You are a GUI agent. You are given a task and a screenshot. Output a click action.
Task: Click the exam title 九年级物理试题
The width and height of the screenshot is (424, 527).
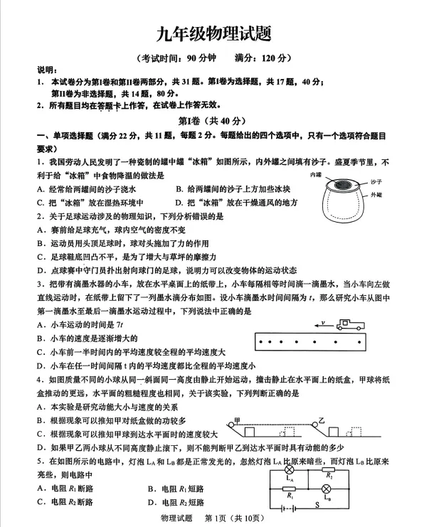point(211,33)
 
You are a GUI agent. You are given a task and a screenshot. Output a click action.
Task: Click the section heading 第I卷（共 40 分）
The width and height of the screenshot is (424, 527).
point(211,121)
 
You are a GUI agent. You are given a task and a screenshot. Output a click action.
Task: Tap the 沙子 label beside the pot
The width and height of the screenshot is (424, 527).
point(376,183)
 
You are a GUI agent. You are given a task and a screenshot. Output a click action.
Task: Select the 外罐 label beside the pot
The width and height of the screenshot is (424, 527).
point(376,194)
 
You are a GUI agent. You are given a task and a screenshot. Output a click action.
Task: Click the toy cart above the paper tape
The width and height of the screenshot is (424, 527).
point(350,324)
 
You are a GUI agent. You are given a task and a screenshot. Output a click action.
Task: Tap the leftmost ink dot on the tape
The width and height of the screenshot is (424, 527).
point(263,342)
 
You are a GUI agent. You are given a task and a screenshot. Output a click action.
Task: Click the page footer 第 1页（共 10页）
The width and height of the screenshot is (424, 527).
point(235,519)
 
